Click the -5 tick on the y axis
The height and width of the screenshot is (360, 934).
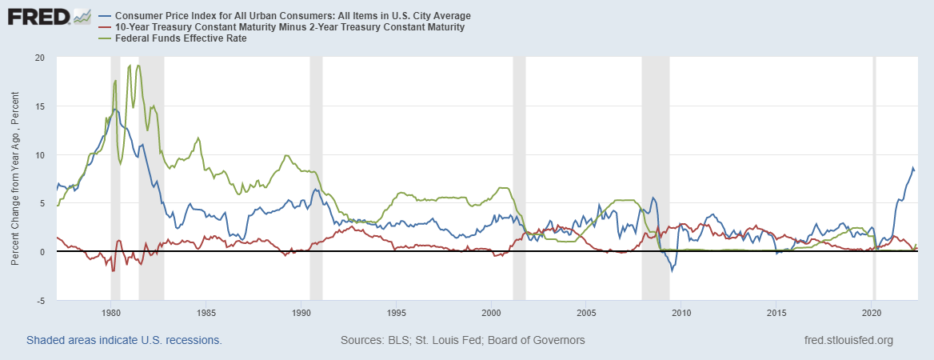coord(39,300)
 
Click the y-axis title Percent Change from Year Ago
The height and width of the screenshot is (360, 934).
coord(16,179)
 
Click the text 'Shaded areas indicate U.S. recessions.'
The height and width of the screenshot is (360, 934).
coord(124,340)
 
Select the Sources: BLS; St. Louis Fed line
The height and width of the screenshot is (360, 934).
coord(462,340)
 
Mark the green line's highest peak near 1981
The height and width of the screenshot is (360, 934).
coord(139,66)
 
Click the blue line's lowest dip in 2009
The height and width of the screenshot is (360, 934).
coord(672,271)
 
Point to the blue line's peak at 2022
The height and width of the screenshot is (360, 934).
coord(913,168)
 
